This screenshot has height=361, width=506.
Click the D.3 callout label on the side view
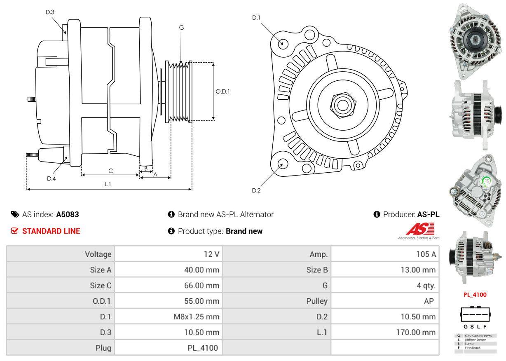coord(50,12)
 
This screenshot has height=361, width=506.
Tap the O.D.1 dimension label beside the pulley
coord(223,91)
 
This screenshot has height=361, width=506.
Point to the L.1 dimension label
coord(108,184)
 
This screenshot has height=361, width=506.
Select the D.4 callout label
coord(51,178)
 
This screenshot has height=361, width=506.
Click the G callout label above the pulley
coord(181,28)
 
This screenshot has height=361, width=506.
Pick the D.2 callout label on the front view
coord(256,190)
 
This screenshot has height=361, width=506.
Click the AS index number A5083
coord(68,214)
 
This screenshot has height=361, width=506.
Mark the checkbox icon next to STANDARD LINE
coord(15,231)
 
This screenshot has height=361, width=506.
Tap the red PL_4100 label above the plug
coord(475,295)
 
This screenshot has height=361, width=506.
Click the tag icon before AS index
coord(15,214)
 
